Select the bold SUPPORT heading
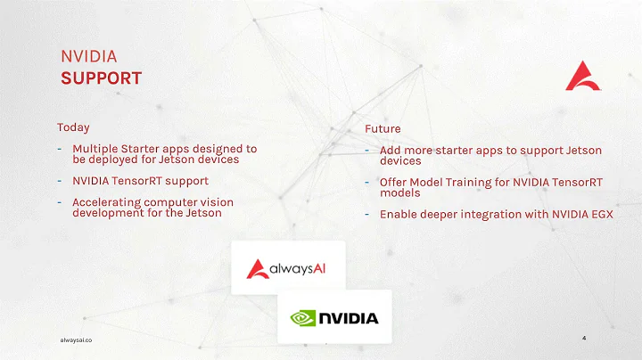pos(101,78)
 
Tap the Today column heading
pos(73,127)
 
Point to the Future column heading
pos(383,129)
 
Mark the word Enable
pos(399,214)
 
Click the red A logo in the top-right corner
pos(583,77)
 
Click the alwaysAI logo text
pos(299,267)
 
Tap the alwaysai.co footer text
pos(76,340)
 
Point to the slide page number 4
pos(583,339)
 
